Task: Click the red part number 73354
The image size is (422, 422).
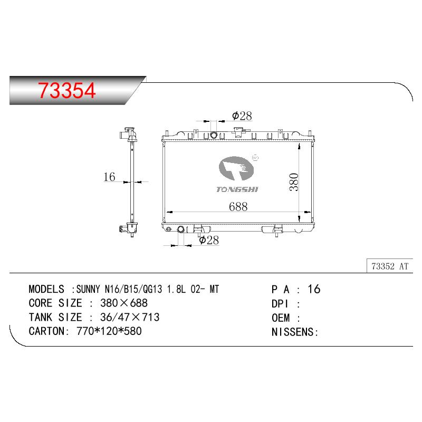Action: [x=67, y=90]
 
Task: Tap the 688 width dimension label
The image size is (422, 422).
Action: [x=238, y=207]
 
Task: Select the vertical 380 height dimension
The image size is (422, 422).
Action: [x=294, y=182]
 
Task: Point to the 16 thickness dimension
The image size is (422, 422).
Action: [x=109, y=177]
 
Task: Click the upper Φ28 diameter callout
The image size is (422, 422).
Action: [x=242, y=116]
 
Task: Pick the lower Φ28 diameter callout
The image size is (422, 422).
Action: [x=209, y=240]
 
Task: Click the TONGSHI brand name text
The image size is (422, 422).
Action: [x=237, y=189]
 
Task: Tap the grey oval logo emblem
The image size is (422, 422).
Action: [x=236, y=168]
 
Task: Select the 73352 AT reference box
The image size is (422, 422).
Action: [x=390, y=266]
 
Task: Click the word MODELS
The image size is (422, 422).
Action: [x=46, y=289]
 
